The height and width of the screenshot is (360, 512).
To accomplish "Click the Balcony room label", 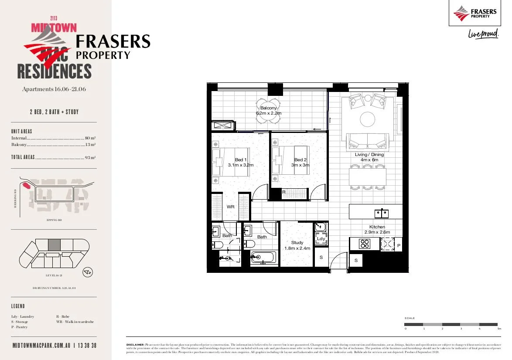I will point(268,108).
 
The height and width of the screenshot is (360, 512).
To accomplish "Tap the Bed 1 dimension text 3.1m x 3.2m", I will point(240,166).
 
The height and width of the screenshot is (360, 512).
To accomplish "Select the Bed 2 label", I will point(300,160).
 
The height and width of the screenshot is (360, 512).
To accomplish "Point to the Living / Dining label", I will point(369,155).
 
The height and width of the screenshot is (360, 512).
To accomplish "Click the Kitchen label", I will point(377,227).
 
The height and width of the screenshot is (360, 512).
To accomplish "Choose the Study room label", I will point(297,243).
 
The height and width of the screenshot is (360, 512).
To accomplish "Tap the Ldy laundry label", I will point(321,238).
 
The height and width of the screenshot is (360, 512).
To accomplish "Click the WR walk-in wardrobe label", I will point(230,207).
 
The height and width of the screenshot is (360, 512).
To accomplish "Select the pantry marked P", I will point(399,246).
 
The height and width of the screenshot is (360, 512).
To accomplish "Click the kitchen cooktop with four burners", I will point(364,244).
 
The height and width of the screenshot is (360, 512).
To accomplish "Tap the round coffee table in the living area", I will point(367,119).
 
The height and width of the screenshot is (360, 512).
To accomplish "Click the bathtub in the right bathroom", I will point(263,257).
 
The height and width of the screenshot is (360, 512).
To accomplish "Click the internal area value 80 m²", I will point(90,138).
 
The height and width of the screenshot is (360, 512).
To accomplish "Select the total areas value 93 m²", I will point(90,158).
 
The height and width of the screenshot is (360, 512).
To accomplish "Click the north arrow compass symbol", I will point(88,272).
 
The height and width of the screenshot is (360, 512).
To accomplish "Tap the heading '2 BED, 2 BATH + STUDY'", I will point(54,112).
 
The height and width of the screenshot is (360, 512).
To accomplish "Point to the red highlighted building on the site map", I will point(27,185).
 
